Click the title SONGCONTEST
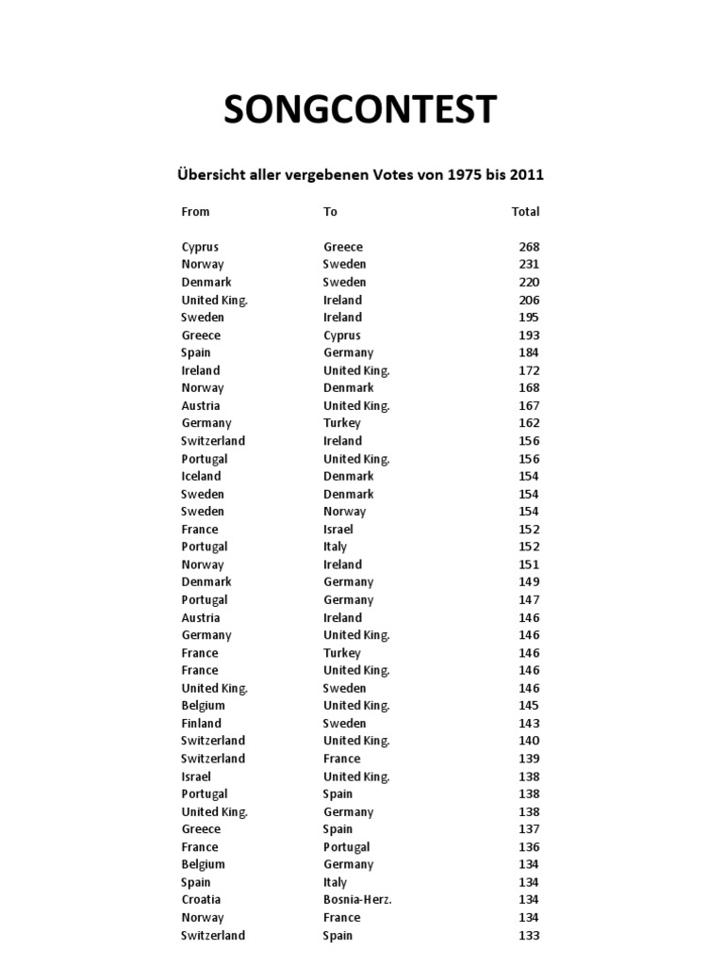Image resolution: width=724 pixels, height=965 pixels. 360,110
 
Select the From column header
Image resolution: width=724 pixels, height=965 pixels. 195,211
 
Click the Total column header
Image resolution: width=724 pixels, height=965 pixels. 525,211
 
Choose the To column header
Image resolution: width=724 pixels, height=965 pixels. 330,211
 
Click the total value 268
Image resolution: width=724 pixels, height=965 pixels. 529,247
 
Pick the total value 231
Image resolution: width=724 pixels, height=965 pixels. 529,265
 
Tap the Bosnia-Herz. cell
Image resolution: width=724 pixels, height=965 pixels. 357,900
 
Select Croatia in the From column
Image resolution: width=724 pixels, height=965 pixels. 201,900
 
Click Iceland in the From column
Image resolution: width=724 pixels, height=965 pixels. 201,476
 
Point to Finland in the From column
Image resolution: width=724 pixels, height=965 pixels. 202,724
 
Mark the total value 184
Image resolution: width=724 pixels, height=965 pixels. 529,352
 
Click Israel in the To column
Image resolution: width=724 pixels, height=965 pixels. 338,529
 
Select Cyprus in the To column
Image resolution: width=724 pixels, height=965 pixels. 342,335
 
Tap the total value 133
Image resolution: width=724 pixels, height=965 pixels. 529,935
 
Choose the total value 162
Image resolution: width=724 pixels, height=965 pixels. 529,423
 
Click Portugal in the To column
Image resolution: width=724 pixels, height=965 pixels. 347,847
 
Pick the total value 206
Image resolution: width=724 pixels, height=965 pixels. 529,300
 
